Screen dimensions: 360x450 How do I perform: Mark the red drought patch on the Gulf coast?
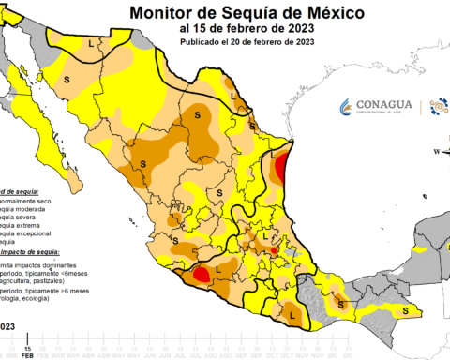281,169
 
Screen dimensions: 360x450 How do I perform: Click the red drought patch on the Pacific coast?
200,275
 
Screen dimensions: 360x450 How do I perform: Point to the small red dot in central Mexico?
273,251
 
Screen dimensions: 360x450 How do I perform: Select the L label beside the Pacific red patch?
218,270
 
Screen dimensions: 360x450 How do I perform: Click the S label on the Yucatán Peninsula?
404,310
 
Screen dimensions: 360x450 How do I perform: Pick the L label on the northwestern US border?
91,44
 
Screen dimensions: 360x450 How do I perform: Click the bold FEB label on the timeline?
28,355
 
